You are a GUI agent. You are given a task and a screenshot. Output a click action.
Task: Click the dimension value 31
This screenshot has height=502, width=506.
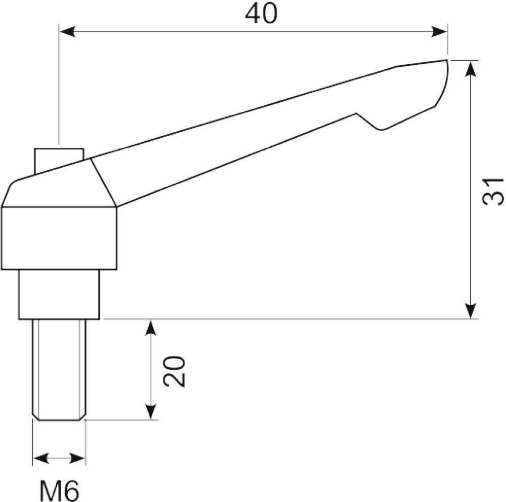(492, 191)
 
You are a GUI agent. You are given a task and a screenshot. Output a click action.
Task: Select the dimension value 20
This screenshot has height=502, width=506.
(174, 371)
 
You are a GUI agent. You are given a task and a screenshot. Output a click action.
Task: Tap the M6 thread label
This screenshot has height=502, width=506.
(59, 491)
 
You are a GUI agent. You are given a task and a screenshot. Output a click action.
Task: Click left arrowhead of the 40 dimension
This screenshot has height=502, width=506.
(68, 32)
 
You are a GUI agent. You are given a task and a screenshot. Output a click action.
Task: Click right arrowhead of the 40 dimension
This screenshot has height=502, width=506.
(439, 32)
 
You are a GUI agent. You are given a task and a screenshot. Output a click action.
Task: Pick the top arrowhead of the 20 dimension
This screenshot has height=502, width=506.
(151, 328)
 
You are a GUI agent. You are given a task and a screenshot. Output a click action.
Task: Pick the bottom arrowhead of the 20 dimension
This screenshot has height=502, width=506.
(151, 411)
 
